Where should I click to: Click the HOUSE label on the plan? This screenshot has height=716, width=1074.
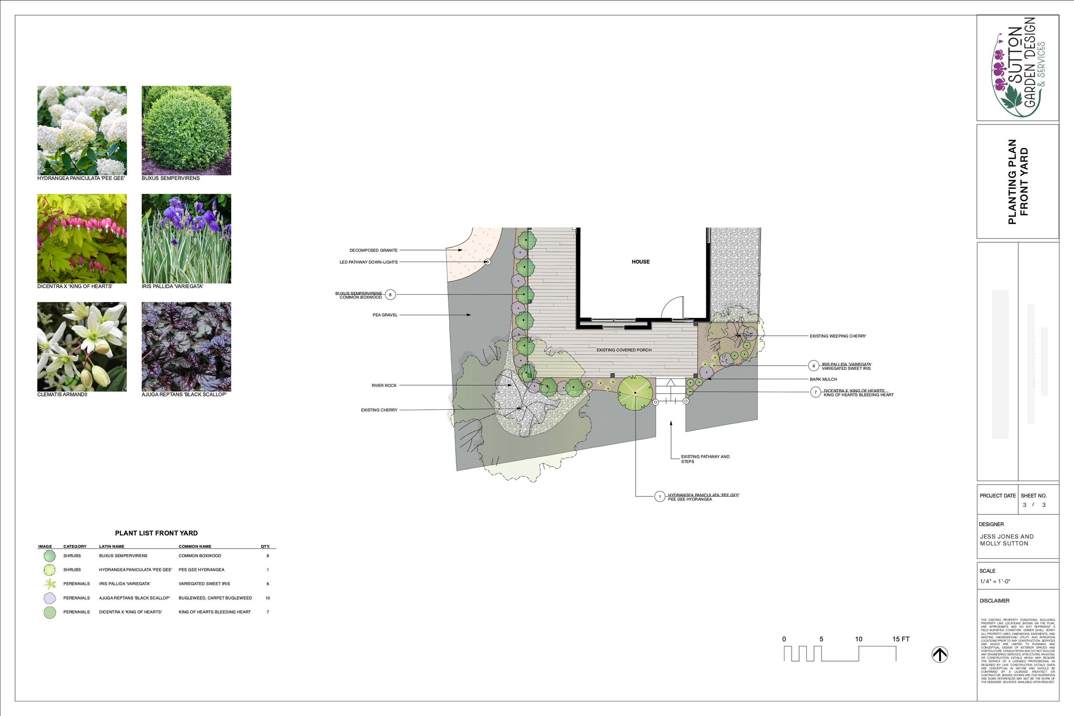(640, 262)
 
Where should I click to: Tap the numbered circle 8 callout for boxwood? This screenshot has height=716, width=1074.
(390, 295)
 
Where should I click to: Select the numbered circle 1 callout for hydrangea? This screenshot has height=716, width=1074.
(659, 497)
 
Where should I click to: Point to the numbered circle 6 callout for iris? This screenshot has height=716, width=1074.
(813, 366)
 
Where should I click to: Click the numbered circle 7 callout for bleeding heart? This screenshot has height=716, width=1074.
(815, 392)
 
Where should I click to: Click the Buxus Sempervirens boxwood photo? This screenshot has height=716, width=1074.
(186, 130)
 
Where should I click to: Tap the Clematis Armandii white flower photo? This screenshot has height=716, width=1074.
(82, 347)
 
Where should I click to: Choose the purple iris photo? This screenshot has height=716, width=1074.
(186, 238)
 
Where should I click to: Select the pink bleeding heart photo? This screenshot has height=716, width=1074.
(82, 238)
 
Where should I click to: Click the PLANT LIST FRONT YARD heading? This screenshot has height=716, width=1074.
(156, 533)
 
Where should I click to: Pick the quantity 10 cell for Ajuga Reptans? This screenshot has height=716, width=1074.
(268, 598)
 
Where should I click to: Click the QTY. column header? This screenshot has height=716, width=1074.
(265, 546)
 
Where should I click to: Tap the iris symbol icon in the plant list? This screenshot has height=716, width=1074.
(50, 584)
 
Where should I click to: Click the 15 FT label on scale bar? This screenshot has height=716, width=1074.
(901, 639)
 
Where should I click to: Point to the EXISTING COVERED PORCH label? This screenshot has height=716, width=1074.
(624, 350)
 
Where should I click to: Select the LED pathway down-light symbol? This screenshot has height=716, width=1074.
(487, 262)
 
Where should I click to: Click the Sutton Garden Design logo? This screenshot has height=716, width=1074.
(1017, 67)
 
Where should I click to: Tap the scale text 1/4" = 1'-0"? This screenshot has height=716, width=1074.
(995, 581)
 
